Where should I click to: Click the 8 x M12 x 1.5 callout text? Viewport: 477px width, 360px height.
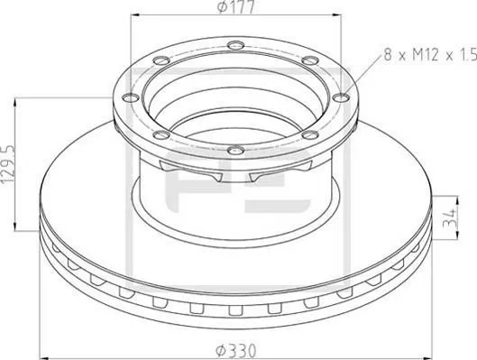(x=428, y=55)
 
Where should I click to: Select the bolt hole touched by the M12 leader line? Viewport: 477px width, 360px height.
(x=340, y=97)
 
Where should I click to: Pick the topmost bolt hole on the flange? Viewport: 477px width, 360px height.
(x=235, y=46)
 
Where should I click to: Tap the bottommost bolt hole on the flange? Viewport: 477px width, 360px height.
(x=234, y=150)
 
